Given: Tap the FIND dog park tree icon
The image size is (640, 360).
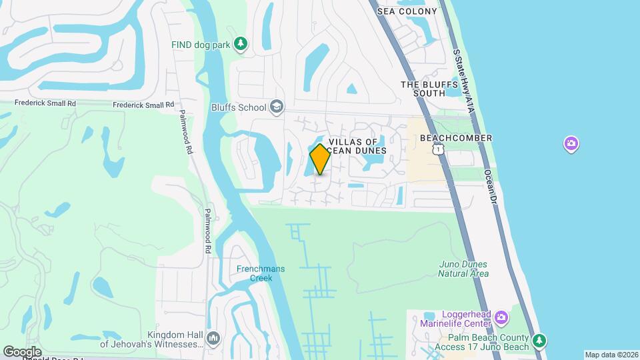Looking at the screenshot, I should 241,45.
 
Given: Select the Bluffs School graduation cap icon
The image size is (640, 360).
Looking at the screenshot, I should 276,107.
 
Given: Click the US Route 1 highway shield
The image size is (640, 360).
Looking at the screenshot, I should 437,150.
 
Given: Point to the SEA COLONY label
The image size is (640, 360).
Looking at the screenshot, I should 407,11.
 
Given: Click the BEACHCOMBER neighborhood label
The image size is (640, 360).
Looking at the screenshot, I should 456,138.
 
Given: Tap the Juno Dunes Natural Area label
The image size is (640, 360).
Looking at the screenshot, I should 464,269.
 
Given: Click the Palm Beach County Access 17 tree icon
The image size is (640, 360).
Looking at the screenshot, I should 540,341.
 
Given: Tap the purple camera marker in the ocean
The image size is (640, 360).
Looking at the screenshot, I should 571,143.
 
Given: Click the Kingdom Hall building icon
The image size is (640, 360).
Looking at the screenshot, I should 213,339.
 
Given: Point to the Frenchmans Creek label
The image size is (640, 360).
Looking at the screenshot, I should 261,273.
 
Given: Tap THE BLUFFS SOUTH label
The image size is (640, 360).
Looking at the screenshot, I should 429,89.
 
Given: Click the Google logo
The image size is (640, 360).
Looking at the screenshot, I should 22,351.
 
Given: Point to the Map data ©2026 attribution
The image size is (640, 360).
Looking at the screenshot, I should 611,355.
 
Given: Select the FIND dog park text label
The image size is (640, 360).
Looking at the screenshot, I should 200,45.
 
